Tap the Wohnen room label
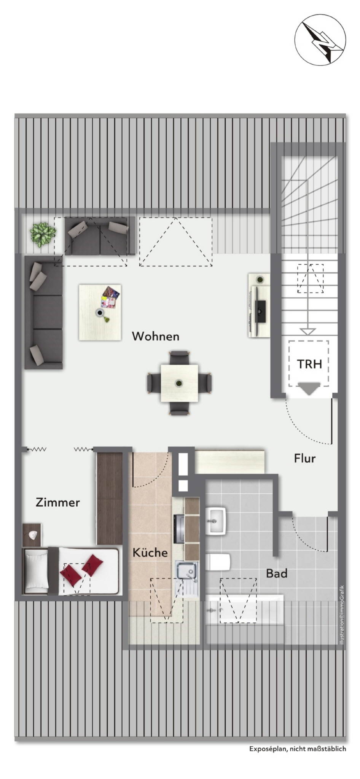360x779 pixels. (155, 336)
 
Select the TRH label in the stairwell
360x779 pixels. (309, 364)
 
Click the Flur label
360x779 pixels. (305, 458)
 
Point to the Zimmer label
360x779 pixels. (58, 502)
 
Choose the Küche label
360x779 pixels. (150, 552)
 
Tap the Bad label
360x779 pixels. (277, 573)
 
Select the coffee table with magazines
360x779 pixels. (100, 312)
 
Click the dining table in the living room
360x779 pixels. (180, 383)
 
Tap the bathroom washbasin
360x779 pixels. (216, 520)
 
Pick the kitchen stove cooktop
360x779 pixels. (179, 529)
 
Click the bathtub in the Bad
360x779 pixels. (244, 610)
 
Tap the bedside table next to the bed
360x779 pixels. (32, 535)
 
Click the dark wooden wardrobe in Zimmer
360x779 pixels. (110, 499)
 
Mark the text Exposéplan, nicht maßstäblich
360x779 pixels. (298, 749)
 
